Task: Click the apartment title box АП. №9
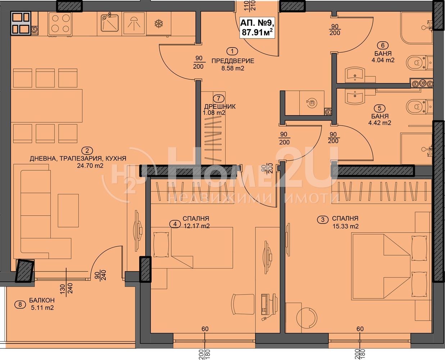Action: pyautogui.click(x=257, y=28)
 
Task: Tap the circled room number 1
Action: pyautogui.click(x=232, y=51)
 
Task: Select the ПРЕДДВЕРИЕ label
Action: pyautogui.click(x=233, y=61)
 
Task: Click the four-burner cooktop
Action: pyautogui.click(x=60, y=23)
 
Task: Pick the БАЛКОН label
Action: pyautogui.click(x=42, y=300)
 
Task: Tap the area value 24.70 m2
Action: pyautogui.click(x=90, y=166)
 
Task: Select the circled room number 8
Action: pyautogui.click(x=20, y=305)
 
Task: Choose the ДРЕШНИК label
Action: pyautogui.click(x=220, y=107)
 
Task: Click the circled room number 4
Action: pyautogui.click(x=175, y=224)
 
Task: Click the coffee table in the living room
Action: pyautogui.click(x=68, y=211)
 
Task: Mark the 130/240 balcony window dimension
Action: pyautogui.click(x=67, y=288)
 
